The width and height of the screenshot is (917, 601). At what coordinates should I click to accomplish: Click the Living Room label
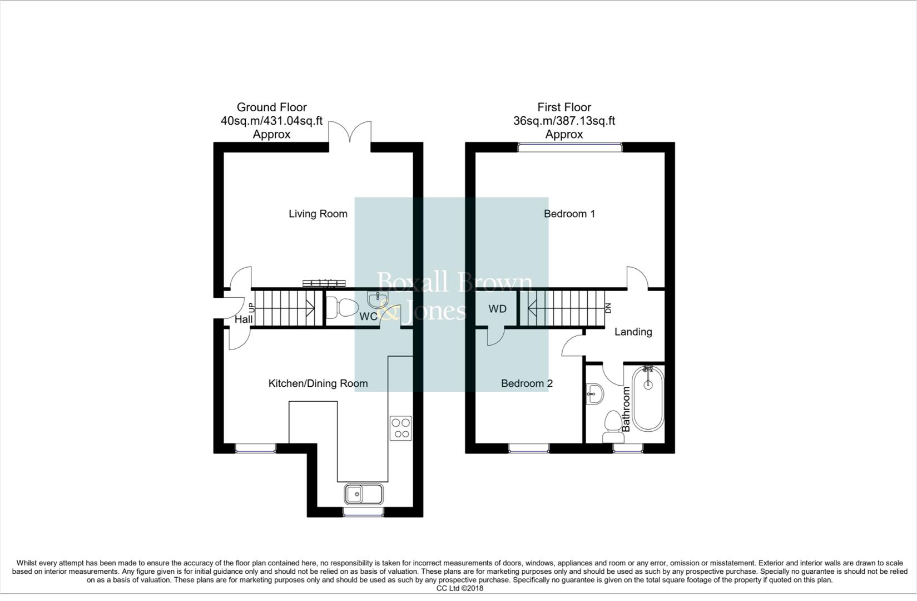click(318, 214)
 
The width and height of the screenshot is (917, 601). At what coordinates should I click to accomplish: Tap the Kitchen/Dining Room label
click(318, 383)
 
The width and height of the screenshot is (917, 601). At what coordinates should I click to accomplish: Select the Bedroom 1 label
click(569, 214)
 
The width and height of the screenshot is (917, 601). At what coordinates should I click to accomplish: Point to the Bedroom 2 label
click(526, 383)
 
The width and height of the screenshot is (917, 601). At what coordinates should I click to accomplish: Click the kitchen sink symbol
click(363, 494)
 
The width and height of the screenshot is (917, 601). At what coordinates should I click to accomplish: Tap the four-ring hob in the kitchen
click(400, 428)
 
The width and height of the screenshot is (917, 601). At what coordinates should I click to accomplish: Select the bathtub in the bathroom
click(647, 399)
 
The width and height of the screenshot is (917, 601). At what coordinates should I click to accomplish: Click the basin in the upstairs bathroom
click(594, 394)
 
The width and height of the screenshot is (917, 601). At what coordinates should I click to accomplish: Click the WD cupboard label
click(497, 309)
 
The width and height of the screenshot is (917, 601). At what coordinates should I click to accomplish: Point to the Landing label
click(633, 332)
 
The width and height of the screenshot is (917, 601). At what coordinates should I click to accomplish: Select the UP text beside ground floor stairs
click(251, 308)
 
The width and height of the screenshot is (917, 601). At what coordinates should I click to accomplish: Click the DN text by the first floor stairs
click(608, 308)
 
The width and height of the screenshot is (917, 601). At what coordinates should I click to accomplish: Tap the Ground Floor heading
click(271, 107)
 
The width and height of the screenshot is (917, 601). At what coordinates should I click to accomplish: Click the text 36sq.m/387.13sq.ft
click(564, 121)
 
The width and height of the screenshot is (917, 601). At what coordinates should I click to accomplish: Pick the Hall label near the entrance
click(243, 319)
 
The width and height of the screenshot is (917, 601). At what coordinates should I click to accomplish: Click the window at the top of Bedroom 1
click(569, 147)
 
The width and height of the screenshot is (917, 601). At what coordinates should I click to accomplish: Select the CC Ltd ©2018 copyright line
click(459, 588)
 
